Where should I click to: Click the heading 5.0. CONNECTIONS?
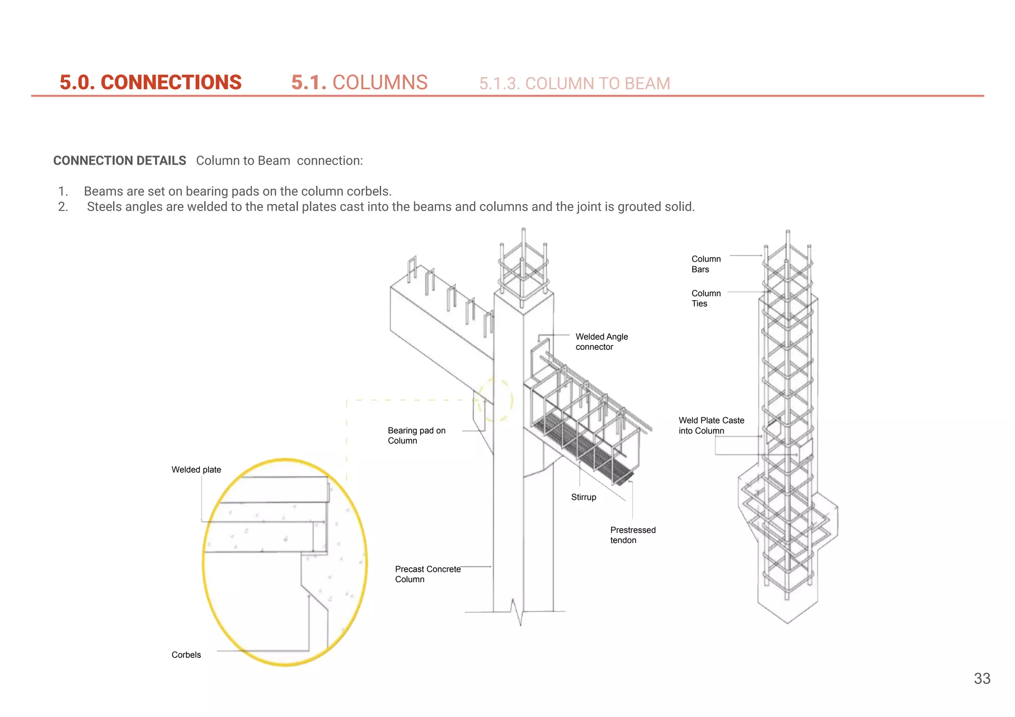tap(150, 82)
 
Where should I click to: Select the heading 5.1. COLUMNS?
tap(359, 82)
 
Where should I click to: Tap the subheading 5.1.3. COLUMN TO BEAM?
tap(574, 83)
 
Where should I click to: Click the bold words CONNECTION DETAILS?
tap(119, 161)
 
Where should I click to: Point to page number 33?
tap(982, 678)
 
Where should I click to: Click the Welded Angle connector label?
tap(601, 341)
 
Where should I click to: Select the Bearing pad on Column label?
tap(416, 436)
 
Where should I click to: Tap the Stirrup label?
tap(583, 497)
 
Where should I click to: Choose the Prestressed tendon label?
tap(632, 535)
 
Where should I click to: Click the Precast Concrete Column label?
tap(427, 574)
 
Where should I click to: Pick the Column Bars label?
tap(706, 264)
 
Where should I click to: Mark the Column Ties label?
tap(706, 298)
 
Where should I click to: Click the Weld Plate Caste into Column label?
tap(711, 425)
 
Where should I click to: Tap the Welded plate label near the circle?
tap(196, 469)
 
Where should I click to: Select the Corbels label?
tap(186, 655)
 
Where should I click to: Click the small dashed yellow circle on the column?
tap(495, 400)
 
